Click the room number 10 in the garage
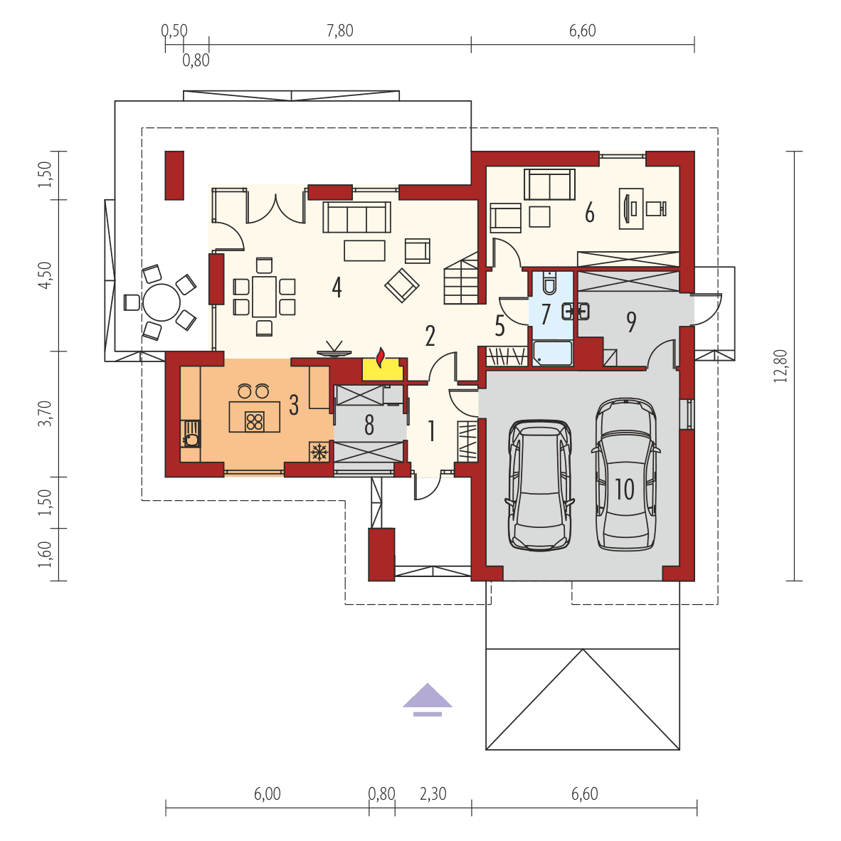[x=624, y=489]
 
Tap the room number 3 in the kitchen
[x=294, y=406]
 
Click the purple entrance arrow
[x=427, y=698]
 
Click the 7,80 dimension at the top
[x=339, y=31]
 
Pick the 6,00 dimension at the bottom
[x=268, y=794]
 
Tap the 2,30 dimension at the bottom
[x=433, y=794]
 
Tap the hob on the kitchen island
[x=254, y=421]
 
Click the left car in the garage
[x=541, y=484]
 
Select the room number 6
[x=589, y=213]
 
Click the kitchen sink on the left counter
[x=191, y=433]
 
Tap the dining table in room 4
[x=264, y=297]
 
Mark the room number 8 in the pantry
[x=369, y=425]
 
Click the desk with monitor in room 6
[x=631, y=207]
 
